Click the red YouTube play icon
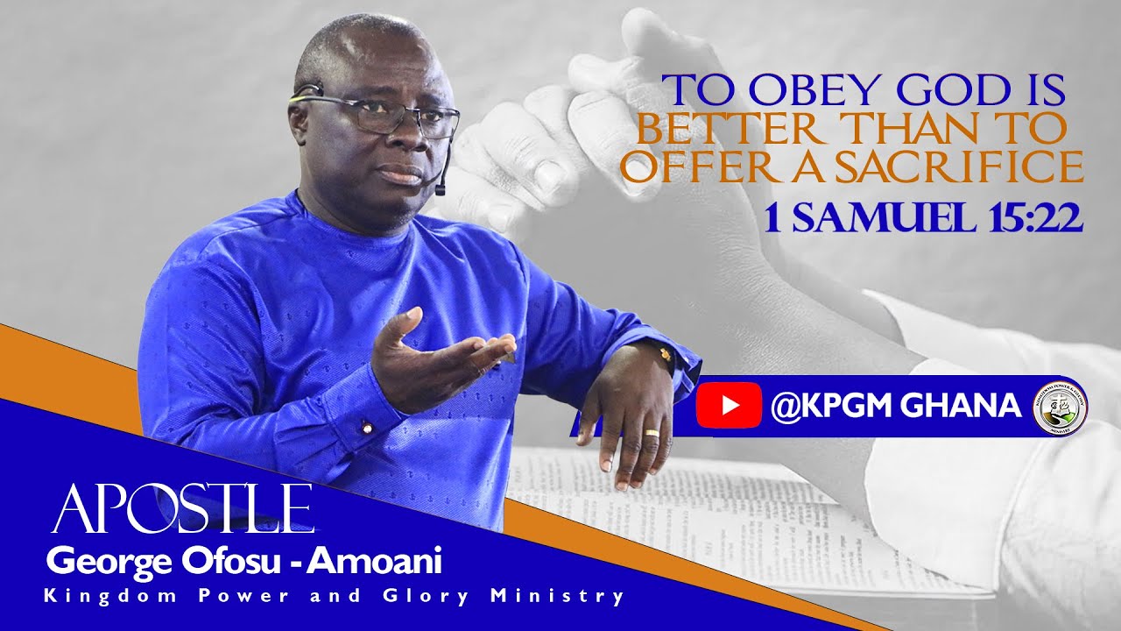click(x=729, y=406)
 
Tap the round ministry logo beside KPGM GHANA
click(x=1060, y=408)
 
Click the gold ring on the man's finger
click(x=652, y=434)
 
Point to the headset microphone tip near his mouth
click(x=441, y=188)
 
